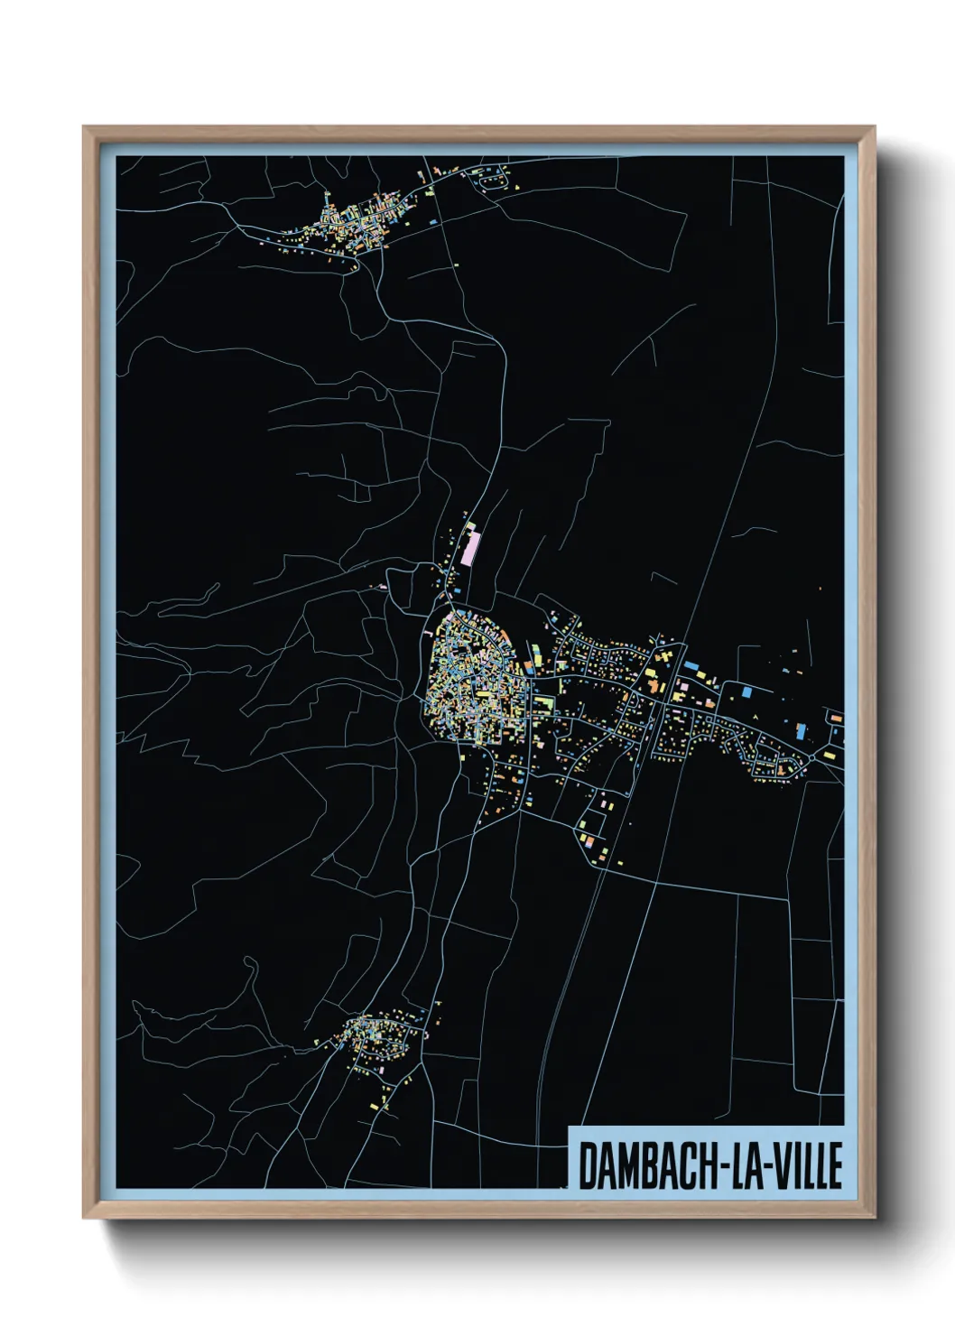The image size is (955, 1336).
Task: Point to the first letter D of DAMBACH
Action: [586, 1165]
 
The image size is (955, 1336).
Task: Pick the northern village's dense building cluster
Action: [348, 226]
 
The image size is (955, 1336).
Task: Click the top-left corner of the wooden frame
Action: [84, 128]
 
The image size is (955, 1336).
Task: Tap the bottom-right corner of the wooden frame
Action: [874, 1218]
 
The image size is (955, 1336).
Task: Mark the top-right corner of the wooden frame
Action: [874, 128]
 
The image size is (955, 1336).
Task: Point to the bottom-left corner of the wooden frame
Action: [84, 1218]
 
